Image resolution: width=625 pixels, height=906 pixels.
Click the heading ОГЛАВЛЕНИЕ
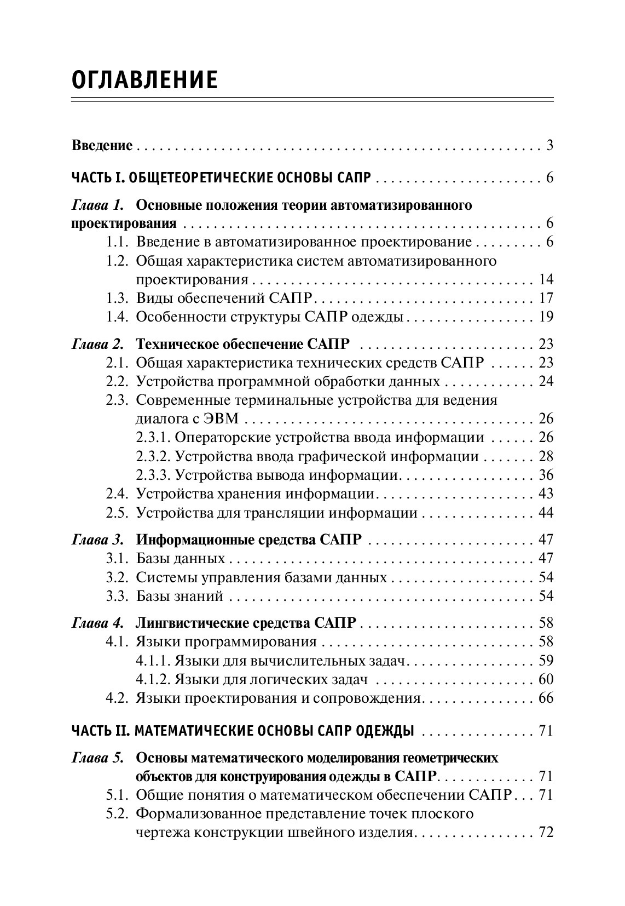pyautogui.click(x=144, y=80)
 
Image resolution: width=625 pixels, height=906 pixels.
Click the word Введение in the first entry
pyautogui.click(x=102, y=146)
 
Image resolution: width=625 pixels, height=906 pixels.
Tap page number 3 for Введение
pyautogui.click(x=549, y=146)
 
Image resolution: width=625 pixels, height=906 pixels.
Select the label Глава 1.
pyautogui.click(x=97, y=206)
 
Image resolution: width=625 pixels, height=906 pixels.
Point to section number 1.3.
pyautogui.click(x=117, y=299)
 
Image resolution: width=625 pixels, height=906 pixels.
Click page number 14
pyautogui.click(x=546, y=280)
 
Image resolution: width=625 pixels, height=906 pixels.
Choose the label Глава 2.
pyautogui.click(x=97, y=345)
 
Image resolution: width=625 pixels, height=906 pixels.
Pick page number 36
pyautogui.click(x=546, y=475)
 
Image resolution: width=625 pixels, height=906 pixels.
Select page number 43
pyautogui.click(x=546, y=494)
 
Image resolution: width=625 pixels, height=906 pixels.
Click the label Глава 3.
pyautogui.click(x=97, y=540)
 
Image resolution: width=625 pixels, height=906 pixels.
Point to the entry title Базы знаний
pyautogui.click(x=180, y=597)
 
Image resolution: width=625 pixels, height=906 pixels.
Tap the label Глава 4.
pyautogui.click(x=97, y=623)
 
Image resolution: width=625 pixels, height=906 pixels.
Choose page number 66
pyautogui.click(x=546, y=698)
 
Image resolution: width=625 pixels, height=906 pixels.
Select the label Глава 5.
pyautogui.click(x=97, y=759)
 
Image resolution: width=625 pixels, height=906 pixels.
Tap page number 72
pyautogui.click(x=546, y=833)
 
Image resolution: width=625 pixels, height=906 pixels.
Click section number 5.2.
pyautogui.click(x=117, y=815)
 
